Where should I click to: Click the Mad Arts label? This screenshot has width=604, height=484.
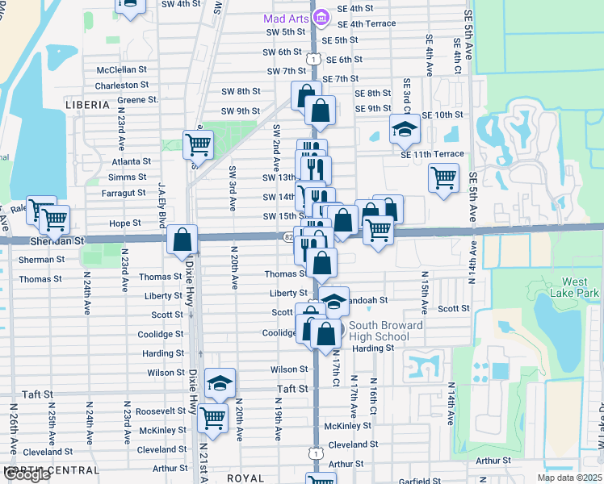(287, 18)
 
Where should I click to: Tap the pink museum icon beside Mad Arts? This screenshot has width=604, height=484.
(321, 17)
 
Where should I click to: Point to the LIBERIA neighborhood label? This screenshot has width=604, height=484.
(88, 106)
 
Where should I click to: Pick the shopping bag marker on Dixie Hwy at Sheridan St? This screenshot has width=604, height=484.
(182, 240)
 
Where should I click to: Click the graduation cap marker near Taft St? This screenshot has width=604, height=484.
(220, 384)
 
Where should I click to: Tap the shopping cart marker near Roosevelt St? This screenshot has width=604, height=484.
(212, 418)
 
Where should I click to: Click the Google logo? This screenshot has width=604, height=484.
(27, 474)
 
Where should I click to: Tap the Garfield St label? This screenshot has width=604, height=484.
(419, 482)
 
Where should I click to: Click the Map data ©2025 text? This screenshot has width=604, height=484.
(569, 478)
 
